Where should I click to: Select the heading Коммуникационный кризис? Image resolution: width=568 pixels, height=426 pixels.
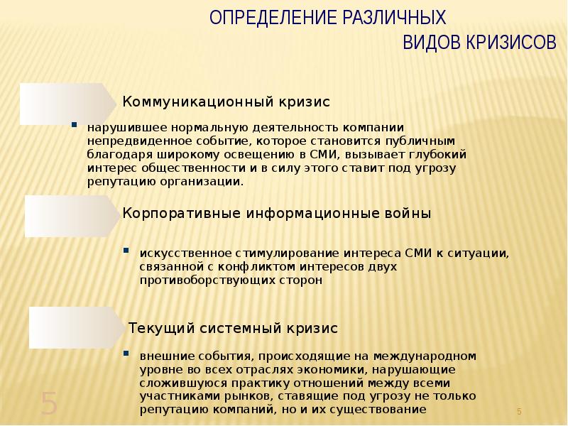(x=227, y=102)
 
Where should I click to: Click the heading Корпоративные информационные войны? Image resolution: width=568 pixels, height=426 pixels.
(x=276, y=213)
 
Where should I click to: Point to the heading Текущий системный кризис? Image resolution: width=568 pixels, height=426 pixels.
(x=234, y=329)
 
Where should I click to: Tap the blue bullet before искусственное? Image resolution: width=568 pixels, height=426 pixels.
(x=126, y=250)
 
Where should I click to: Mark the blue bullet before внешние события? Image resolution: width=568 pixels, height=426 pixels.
(x=126, y=352)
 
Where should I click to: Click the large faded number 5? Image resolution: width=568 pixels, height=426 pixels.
(x=48, y=403)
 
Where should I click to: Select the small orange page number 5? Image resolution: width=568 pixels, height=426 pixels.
(x=519, y=412)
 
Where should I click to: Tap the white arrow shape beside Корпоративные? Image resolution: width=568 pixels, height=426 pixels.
(x=72, y=216)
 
